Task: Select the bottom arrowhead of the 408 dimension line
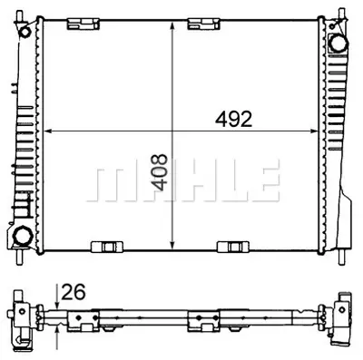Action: (172, 243)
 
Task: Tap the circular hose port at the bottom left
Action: (24, 237)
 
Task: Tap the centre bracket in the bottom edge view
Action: (200, 317)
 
